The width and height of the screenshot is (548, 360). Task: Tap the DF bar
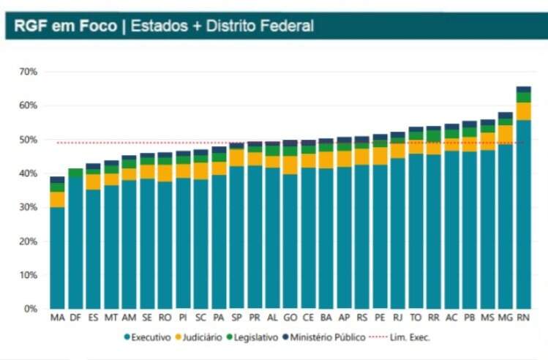(x=75, y=241)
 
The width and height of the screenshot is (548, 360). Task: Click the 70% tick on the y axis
(x=29, y=72)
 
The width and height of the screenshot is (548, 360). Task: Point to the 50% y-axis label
(x=29, y=140)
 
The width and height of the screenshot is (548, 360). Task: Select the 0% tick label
(x=31, y=309)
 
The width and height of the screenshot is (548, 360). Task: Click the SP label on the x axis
(x=236, y=318)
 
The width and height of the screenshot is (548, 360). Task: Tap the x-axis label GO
(x=290, y=318)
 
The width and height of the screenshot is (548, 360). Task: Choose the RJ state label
(x=398, y=318)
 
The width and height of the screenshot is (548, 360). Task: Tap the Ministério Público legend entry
(x=330, y=338)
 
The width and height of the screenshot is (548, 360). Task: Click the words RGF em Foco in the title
(x=64, y=26)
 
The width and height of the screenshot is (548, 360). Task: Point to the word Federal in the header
(x=290, y=26)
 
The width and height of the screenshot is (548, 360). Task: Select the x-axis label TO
(x=416, y=318)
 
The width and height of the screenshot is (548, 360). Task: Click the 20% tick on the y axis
(x=29, y=241)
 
